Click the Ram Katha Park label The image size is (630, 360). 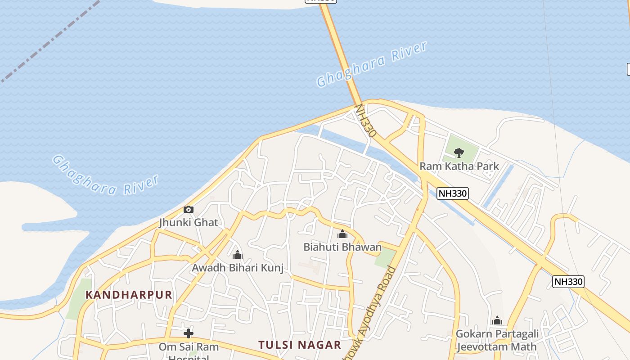coord(459,166)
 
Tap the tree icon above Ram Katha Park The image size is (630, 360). coord(459,153)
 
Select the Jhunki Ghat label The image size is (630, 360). coord(189,222)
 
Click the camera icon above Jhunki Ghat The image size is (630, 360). coord(189,210)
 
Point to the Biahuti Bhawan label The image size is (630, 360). coord(342,247)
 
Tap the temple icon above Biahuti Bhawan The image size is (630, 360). coord(342,234)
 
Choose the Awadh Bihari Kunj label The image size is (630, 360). coord(238,268)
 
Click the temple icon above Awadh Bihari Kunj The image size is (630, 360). coord(238,255)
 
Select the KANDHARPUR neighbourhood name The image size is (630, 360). coord(129,295)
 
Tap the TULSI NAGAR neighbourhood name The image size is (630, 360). coord(300,345)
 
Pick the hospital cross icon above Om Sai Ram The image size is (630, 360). coord(189,333)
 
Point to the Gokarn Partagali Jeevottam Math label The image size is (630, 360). coord(497,340)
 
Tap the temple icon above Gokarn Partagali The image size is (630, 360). coord(497,320)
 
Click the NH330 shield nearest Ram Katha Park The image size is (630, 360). coord(453,193)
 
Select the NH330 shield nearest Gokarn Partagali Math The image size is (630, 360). coord(568,282)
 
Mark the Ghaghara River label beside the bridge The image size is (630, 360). coord(372,64)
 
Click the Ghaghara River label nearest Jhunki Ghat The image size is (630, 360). coord(106,176)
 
